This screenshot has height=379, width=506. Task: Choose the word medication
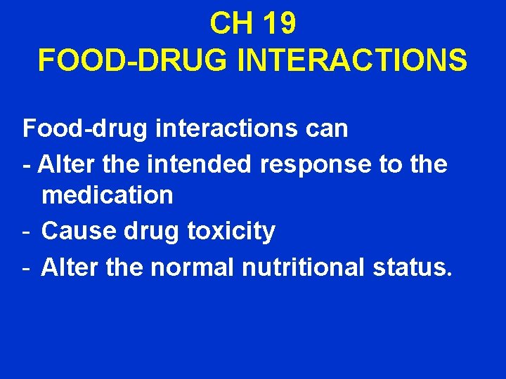tap(107, 195)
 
